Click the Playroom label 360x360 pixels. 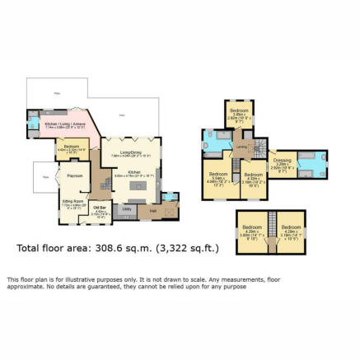tap(74, 175)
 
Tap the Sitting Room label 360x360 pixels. tap(73, 200)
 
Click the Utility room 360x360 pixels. tap(127, 208)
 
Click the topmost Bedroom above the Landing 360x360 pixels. tap(238, 110)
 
